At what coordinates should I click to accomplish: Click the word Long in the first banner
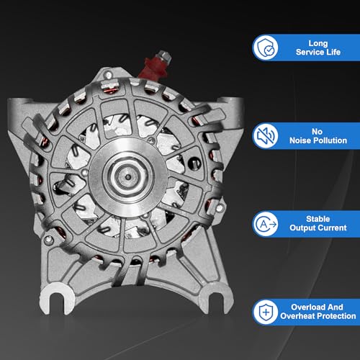(x=318, y=43)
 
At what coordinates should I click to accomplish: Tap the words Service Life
(x=318, y=52)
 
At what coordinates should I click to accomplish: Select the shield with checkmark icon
(x=266, y=48)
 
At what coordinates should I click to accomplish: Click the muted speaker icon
(x=266, y=135)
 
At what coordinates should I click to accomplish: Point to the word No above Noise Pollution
(x=317, y=132)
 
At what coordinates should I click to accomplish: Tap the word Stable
(x=318, y=219)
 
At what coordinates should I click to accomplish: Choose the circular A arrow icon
(x=266, y=224)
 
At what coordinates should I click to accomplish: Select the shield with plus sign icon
(x=266, y=312)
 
